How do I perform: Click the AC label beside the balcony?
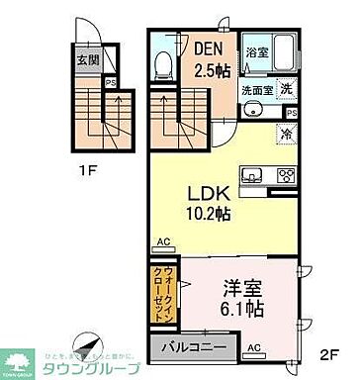coord(254,347)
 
